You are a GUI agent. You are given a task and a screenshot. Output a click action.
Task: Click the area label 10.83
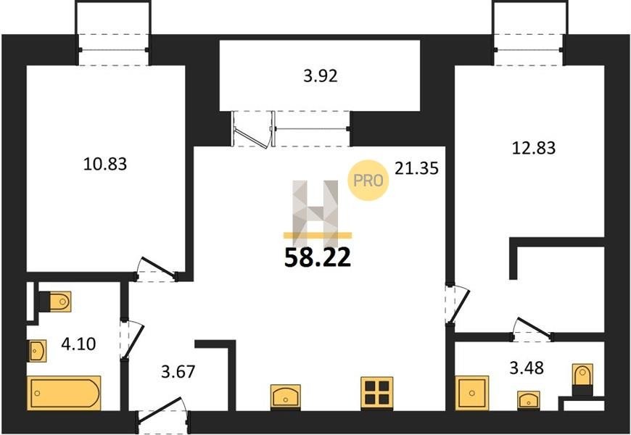click(x=105, y=164)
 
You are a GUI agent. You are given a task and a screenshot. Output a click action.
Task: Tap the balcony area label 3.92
click(x=321, y=75)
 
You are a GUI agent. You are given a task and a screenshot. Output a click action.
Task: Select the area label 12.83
click(x=534, y=148)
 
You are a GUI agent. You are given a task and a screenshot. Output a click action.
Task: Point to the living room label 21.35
click(x=416, y=167)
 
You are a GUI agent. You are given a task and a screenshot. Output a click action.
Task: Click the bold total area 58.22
click(x=318, y=257)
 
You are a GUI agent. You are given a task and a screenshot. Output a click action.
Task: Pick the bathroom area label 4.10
click(x=78, y=344)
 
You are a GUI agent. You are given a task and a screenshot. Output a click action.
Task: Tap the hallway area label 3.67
click(x=178, y=371)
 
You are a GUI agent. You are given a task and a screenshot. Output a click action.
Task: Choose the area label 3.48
click(x=527, y=368)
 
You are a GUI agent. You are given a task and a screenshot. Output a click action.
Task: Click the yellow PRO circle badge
click(x=368, y=181)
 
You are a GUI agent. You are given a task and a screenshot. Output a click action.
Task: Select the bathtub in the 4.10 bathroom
click(x=64, y=393)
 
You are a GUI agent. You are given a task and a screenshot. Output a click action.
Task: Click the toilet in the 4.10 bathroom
click(x=55, y=302)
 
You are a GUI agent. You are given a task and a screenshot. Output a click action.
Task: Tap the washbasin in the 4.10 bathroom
click(x=36, y=350)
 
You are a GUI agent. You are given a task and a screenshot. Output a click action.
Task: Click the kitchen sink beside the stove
click(x=286, y=397)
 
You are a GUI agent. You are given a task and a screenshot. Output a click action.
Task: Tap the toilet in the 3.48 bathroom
click(x=582, y=379)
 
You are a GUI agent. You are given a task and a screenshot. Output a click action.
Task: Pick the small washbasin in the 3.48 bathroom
click(x=529, y=400)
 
